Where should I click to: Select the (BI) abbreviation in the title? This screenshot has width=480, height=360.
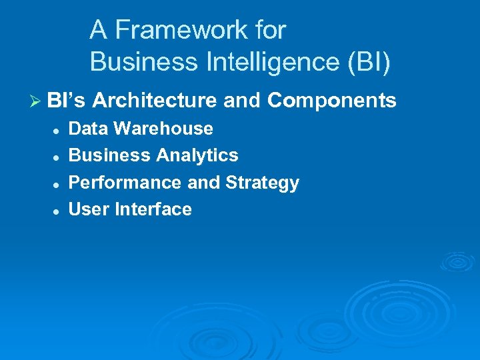(367, 63)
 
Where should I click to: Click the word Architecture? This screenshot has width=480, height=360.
(155, 101)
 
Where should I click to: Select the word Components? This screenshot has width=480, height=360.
(332, 101)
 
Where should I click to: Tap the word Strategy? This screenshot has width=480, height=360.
(263, 183)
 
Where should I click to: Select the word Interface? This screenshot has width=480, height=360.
(153, 209)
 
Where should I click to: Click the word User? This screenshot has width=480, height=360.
(89, 209)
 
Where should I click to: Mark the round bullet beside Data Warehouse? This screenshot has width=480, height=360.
(58, 130)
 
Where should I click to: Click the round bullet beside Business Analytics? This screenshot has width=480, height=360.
(58, 157)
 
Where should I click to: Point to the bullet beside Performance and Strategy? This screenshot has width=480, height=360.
(58, 184)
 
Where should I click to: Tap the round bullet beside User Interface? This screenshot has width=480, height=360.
(58, 211)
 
